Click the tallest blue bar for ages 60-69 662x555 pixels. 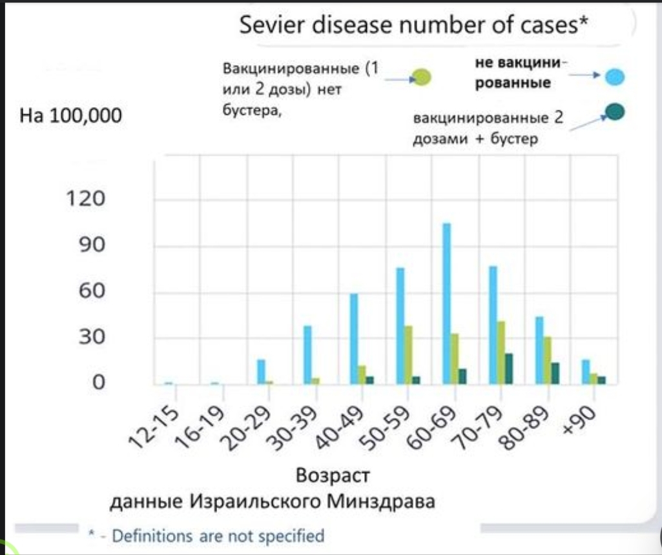(x=446, y=303)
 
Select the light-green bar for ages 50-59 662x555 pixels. (x=408, y=355)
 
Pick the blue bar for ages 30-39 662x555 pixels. (x=307, y=355)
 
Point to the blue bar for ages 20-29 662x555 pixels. (x=261, y=372)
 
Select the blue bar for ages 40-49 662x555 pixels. (x=354, y=339)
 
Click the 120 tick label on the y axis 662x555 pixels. (x=85, y=199)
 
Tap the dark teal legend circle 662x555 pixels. (x=615, y=114)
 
